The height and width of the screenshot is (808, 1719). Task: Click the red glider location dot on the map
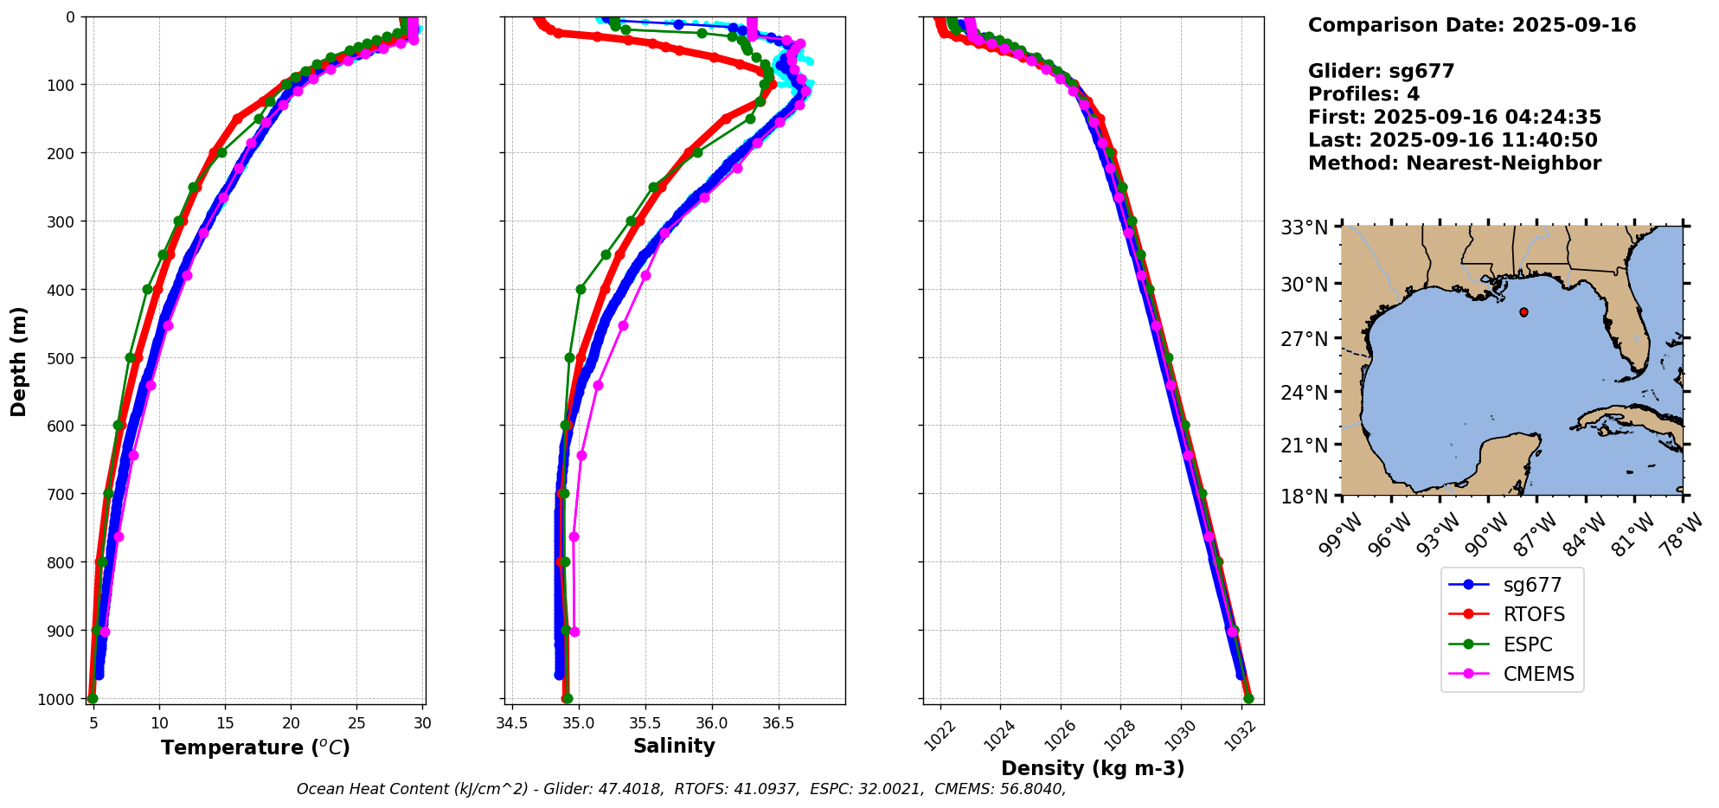pyautogui.click(x=1523, y=312)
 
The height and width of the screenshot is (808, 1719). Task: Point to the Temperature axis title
pyautogui.click(x=255, y=747)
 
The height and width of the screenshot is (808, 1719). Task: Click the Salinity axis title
pyautogui.click(x=674, y=747)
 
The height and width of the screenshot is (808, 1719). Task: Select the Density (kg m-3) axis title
pyautogui.click(x=1093, y=768)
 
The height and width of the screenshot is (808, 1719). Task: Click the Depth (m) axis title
pyautogui.click(x=19, y=362)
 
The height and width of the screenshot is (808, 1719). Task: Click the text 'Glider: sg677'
pyautogui.click(x=1381, y=72)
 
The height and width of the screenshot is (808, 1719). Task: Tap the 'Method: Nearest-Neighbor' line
pyautogui.click(x=1454, y=164)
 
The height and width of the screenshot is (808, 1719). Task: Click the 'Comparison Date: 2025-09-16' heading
pyautogui.click(x=1472, y=25)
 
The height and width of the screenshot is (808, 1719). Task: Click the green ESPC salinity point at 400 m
pyautogui.click(x=580, y=290)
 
